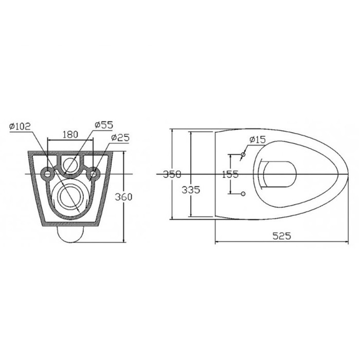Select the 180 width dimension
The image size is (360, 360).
[x=70, y=134]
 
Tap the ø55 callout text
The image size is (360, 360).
[x=104, y=124]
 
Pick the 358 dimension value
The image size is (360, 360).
[x=172, y=174]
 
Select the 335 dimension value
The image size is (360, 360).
[x=190, y=190]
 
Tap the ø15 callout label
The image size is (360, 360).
[x=257, y=139]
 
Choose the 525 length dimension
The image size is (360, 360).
[x=281, y=236]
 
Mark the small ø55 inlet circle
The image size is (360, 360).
[x=71, y=165]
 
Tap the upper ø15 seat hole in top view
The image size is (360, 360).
[x=243, y=155]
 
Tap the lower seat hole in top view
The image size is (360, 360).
[x=243, y=193]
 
